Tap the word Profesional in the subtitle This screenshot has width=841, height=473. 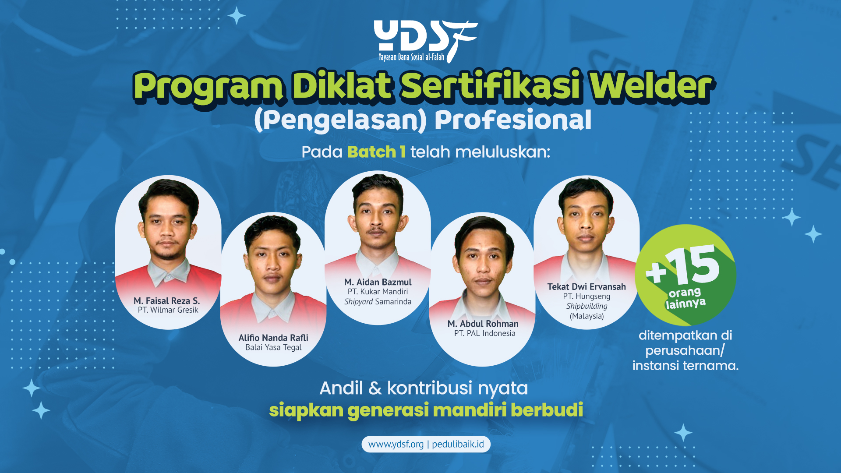(x=513, y=120)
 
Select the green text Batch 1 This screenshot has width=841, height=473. (x=376, y=152)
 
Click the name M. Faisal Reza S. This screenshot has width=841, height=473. (x=167, y=301)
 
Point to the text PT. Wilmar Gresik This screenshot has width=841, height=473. (x=168, y=310)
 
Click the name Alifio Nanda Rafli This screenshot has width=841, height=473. (x=273, y=338)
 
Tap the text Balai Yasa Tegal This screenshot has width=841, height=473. (x=273, y=347)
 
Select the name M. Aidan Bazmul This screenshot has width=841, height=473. (x=378, y=282)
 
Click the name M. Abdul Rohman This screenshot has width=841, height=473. (x=483, y=324)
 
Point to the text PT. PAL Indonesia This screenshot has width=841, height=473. (x=485, y=333)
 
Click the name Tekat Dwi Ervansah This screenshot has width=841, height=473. (x=587, y=287)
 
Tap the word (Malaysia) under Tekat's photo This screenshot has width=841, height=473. (x=587, y=316)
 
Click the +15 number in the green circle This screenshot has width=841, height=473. (x=683, y=265)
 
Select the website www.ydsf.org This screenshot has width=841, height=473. (x=396, y=444)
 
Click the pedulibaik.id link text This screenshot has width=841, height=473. (x=458, y=444)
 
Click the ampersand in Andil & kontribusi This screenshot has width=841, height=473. (x=375, y=388)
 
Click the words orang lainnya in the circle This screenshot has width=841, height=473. (x=686, y=298)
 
